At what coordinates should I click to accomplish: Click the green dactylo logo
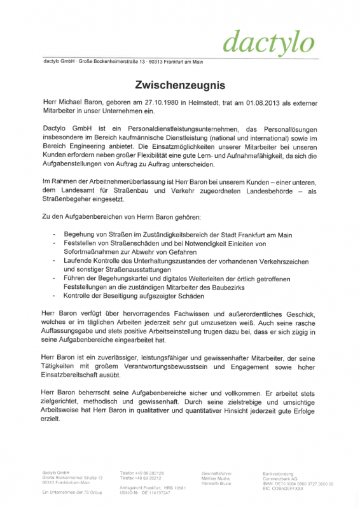(269, 41)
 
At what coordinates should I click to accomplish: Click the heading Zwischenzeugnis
(179, 85)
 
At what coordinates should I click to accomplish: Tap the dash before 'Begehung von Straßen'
(55, 235)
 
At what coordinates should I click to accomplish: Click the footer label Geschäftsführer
(216, 473)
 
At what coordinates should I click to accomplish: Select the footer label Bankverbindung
(279, 473)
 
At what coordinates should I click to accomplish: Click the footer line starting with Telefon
(141, 473)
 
